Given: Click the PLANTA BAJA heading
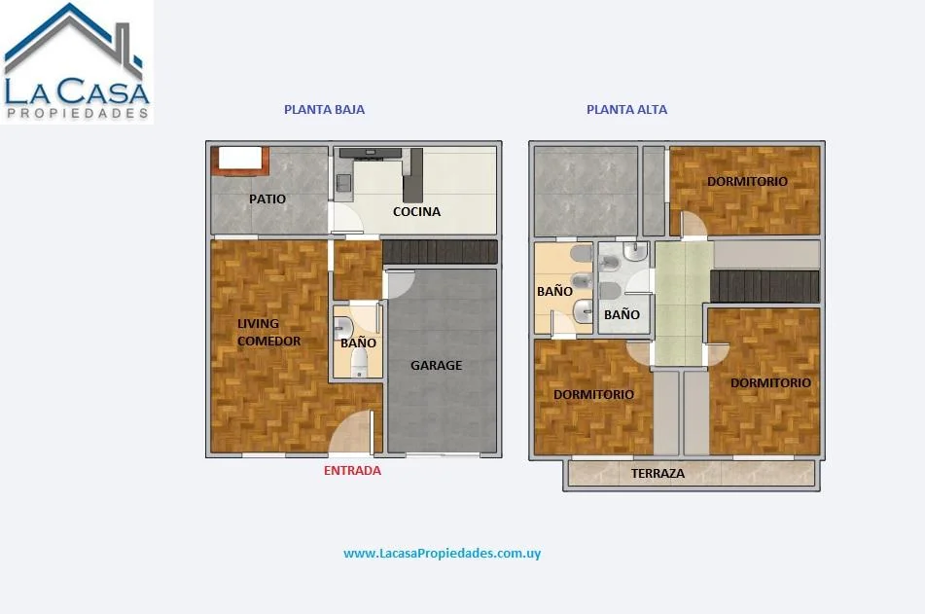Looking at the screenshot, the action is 325,109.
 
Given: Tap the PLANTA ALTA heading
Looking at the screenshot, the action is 626,109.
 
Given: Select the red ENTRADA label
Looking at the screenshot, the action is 352,471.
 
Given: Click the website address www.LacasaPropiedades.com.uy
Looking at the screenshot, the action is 442,554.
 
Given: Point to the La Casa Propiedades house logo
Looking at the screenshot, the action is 77,62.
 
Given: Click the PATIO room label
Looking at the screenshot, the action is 267,199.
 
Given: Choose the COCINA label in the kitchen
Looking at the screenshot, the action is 416,211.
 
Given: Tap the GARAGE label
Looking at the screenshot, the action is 436,366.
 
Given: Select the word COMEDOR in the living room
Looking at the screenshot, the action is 269,341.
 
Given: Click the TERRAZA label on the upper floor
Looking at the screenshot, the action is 658,474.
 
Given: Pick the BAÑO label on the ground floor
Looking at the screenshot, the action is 358,343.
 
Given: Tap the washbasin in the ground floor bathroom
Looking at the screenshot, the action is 342,328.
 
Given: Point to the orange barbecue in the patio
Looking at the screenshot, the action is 240,162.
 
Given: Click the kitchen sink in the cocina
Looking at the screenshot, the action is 343,182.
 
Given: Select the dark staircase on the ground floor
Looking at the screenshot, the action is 440,251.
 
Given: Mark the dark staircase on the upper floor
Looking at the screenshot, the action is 765,286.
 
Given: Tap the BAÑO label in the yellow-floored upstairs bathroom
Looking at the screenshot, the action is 554,291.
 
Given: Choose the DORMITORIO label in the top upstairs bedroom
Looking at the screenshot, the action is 747,181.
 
